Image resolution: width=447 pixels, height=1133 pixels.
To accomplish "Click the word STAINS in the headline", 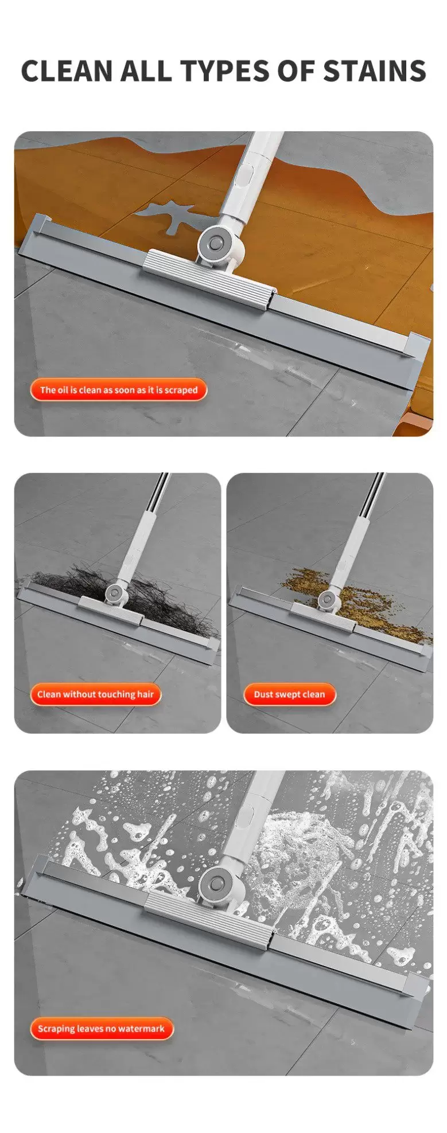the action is (x=375, y=71).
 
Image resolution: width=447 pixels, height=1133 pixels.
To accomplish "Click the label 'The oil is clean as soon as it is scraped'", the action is (x=119, y=390).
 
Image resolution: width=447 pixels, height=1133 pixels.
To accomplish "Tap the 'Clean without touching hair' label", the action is (x=96, y=694).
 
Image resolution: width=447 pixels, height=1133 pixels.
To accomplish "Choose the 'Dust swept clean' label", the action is (x=289, y=694).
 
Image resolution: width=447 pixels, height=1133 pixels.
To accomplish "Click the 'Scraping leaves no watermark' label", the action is (x=102, y=1029).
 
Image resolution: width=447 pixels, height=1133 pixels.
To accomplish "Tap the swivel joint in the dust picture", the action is (x=328, y=600).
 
